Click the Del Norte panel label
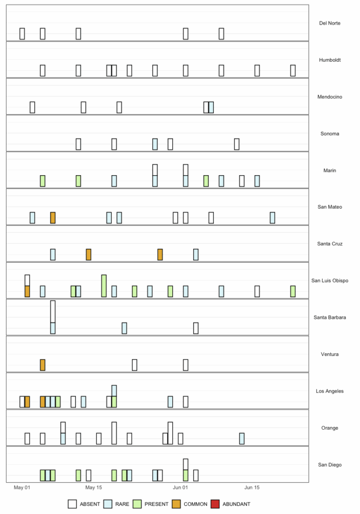pyautogui.click(x=330, y=23)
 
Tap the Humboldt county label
pyautogui.click(x=330, y=60)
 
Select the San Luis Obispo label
pyautogui.click(x=330, y=281)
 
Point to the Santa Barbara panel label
pyautogui.click(x=330, y=317)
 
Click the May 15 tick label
pyautogui.click(x=94, y=487)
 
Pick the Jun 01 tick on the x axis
pyautogui.click(x=180, y=487)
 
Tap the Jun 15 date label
pyautogui.click(x=252, y=487)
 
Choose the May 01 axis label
pyautogui.click(x=22, y=487)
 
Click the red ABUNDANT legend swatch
pyautogui.click(x=215, y=504)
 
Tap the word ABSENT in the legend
pyautogui.click(x=90, y=504)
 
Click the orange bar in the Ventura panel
pyautogui.click(x=43, y=365)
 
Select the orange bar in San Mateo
pyautogui.click(x=53, y=218)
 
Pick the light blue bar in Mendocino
pyautogui.click(x=211, y=107)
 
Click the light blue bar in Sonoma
pyautogui.click(x=155, y=144)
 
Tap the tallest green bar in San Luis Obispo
pyautogui.click(x=104, y=286)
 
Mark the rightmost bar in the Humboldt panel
pyautogui.click(x=293, y=71)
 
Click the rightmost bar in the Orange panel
pyautogui.click(x=242, y=438)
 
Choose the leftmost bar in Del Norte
pyautogui.click(x=22, y=34)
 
